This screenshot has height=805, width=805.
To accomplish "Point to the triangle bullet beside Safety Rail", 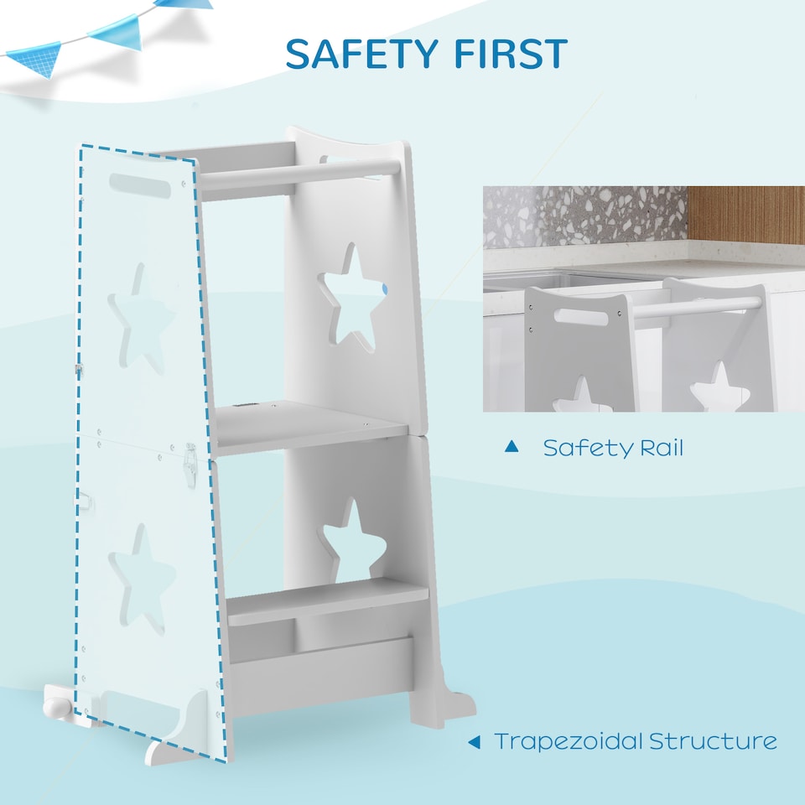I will [512, 447].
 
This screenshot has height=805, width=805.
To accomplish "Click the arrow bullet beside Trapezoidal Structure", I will [474, 741].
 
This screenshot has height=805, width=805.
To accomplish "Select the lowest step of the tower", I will [327, 600].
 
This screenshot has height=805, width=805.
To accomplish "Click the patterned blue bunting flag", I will [34, 58].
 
